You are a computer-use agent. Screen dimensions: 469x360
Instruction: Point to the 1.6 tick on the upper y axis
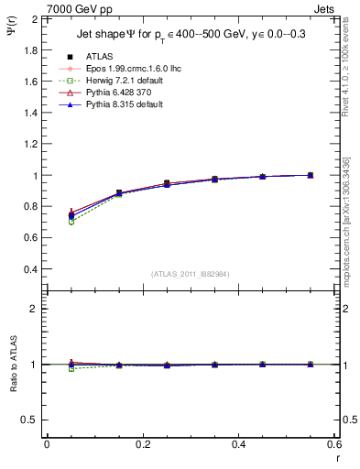click(28, 81)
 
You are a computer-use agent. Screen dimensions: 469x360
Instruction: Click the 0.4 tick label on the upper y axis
click(28, 269)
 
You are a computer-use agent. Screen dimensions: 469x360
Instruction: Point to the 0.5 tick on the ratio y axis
click(28, 420)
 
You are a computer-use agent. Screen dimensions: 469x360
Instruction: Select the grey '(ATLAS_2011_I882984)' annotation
click(191, 274)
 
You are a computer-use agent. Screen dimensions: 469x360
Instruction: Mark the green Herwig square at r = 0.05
click(71, 222)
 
